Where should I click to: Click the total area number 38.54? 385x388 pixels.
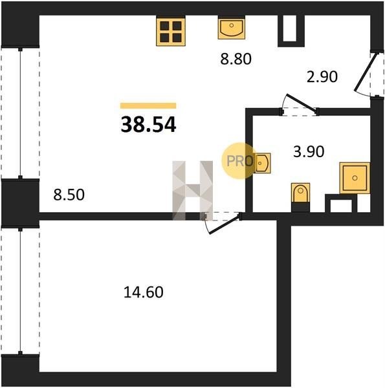click(x=148, y=125)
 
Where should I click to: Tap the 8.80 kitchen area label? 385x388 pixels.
click(x=236, y=59)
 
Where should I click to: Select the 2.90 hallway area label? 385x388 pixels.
click(x=322, y=76)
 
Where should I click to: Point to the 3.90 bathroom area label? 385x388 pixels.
click(x=309, y=151)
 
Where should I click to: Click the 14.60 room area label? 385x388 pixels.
click(x=144, y=292)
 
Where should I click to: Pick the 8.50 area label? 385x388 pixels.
click(x=69, y=195)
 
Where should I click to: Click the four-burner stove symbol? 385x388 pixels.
click(x=171, y=31)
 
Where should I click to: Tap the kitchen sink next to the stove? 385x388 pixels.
click(x=232, y=27)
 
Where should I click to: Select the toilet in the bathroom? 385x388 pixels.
click(x=301, y=193)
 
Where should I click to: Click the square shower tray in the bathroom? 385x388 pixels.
click(x=355, y=178)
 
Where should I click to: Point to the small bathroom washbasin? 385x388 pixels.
click(x=261, y=163)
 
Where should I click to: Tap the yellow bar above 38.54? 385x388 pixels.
click(x=148, y=105)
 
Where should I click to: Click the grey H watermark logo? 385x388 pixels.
click(x=193, y=190)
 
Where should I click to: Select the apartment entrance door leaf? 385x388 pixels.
click(x=362, y=72)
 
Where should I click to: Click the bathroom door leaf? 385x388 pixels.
click(x=302, y=104)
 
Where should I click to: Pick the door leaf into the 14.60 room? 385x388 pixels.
click(x=225, y=224)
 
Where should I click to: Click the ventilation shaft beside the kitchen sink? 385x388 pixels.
click(x=291, y=31)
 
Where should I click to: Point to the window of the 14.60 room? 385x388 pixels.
click(x=20, y=291)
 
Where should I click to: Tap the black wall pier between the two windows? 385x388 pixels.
click(x=20, y=203)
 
